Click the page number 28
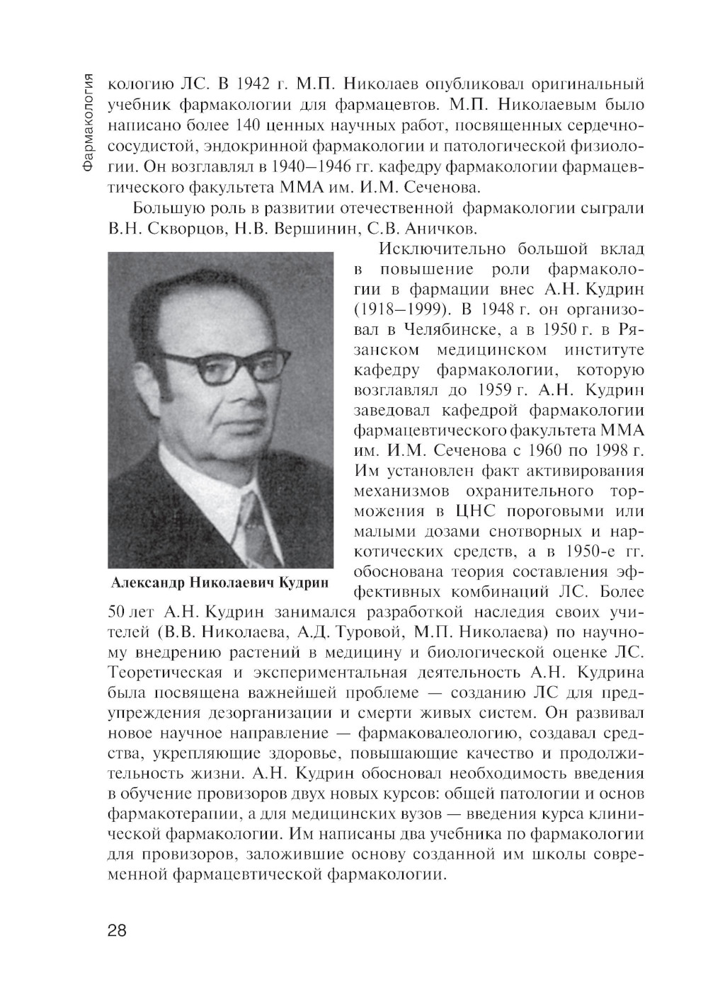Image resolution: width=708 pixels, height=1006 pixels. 117,930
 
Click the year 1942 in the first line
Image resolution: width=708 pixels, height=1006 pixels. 251,85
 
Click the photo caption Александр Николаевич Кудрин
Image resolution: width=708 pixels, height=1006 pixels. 220,583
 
